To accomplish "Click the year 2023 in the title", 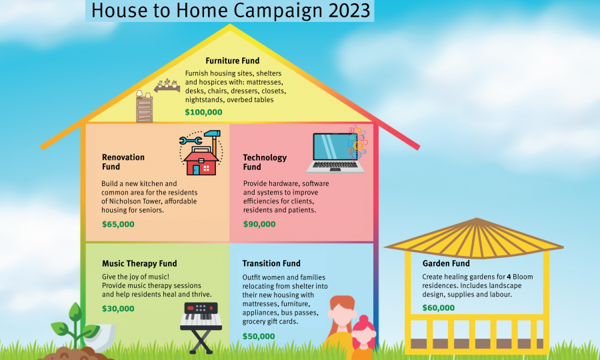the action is pos(349,10).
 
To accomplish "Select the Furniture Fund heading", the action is pos(232,61).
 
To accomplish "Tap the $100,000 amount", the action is pos(203,112).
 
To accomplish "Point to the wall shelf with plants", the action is pos(167,86).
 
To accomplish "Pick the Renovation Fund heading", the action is pos(123,162).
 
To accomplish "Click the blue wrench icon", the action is pos(191,141).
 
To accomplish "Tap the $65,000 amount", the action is pos(118,224).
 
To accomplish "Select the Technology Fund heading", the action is pos(265,162).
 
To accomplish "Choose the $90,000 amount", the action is pos(259,224).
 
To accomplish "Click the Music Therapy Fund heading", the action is pos(139,263).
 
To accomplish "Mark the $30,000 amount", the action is pos(118,309).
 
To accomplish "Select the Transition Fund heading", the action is pos(271,263).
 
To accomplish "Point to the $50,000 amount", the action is pos(259,336).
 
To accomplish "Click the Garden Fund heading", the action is pos(446,263).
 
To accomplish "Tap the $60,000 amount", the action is pos(439,308).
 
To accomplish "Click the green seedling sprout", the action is pos(75,325).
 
